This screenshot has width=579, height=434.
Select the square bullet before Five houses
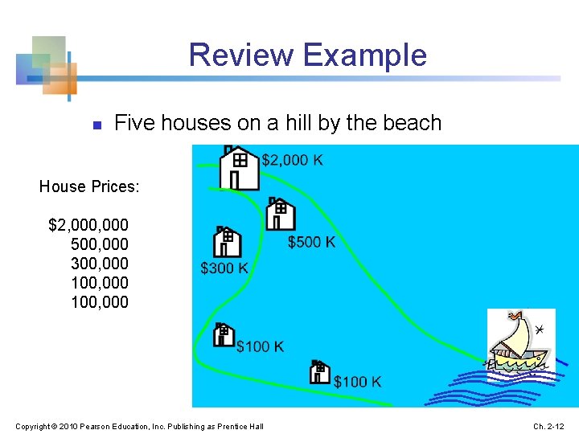point(96,125)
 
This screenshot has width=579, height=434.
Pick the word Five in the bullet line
point(134,123)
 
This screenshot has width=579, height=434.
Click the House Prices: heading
point(89,186)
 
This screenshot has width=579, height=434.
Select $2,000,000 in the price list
point(88,224)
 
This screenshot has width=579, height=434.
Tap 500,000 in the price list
point(100,244)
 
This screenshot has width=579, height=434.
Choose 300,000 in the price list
point(100,263)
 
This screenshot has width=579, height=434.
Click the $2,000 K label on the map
point(293,160)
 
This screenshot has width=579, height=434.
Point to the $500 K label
point(312,241)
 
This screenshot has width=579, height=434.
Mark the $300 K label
point(224,268)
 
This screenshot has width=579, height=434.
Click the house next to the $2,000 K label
point(240,168)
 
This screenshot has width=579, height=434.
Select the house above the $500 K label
point(281,214)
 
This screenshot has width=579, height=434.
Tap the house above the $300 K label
point(228,242)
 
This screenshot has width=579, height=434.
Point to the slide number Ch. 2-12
point(550,425)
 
